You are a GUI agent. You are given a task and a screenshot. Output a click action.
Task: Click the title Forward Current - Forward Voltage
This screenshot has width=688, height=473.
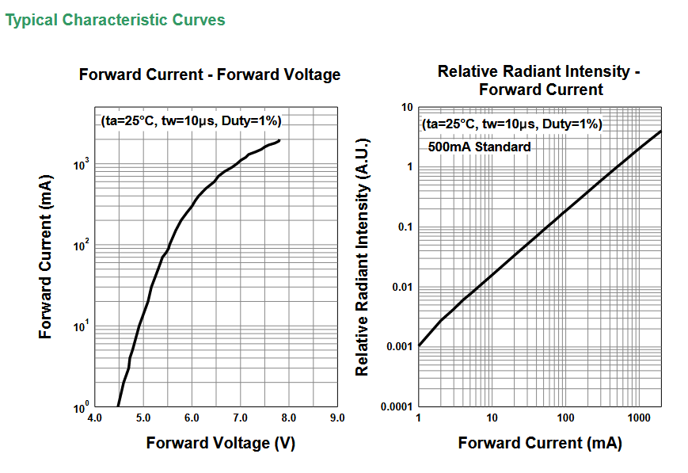(210, 75)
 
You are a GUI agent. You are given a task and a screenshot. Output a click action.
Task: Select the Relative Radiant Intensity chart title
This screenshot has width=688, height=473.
(539, 81)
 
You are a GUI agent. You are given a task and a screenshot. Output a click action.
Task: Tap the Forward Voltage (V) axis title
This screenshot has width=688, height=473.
(220, 443)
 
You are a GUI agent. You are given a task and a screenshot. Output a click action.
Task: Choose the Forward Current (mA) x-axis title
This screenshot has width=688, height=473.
(539, 443)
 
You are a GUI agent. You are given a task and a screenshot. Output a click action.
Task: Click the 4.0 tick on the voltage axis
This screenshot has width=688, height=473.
(94, 418)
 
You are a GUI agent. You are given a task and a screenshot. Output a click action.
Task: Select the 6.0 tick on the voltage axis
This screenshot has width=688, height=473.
(192, 418)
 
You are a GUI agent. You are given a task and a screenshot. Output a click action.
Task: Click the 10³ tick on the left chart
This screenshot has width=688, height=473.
(80, 164)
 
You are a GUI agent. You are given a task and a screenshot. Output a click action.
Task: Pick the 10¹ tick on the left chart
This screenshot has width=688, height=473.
(80, 326)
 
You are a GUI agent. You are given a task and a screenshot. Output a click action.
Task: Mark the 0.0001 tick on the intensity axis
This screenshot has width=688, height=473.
(396, 407)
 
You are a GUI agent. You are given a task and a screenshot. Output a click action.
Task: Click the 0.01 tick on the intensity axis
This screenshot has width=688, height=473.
(401, 287)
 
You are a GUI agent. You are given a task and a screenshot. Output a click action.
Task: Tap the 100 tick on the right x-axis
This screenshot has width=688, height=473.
(565, 418)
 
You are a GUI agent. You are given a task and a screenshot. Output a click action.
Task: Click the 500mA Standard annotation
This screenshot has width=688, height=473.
(480, 147)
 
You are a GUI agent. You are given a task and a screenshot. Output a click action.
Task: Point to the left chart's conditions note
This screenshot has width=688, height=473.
(192, 121)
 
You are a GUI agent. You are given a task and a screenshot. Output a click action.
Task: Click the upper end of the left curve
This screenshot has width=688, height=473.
(279, 141)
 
